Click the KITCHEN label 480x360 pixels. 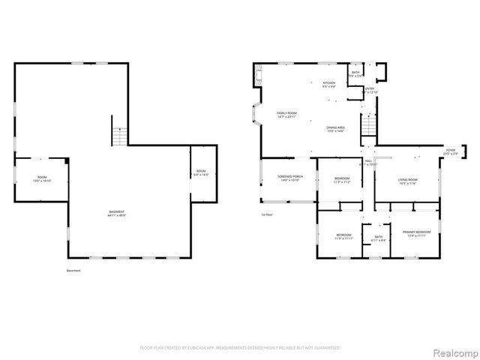click(x=329, y=84)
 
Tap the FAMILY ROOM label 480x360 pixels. click(x=277, y=115)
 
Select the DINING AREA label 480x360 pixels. click(x=335, y=129)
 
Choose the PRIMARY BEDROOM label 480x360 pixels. click(x=412, y=234)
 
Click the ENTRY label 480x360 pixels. click(x=370, y=90)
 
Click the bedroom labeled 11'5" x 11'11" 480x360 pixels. click(x=344, y=236)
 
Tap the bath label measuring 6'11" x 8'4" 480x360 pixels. click(x=378, y=238)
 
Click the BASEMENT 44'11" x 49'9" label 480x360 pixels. click(x=115, y=214)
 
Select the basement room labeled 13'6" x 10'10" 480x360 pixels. click(x=42, y=179)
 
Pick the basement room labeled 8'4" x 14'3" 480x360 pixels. click(x=201, y=172)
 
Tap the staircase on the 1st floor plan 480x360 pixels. click(x=367, y=124)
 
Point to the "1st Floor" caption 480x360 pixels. click(x=266, y=214)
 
